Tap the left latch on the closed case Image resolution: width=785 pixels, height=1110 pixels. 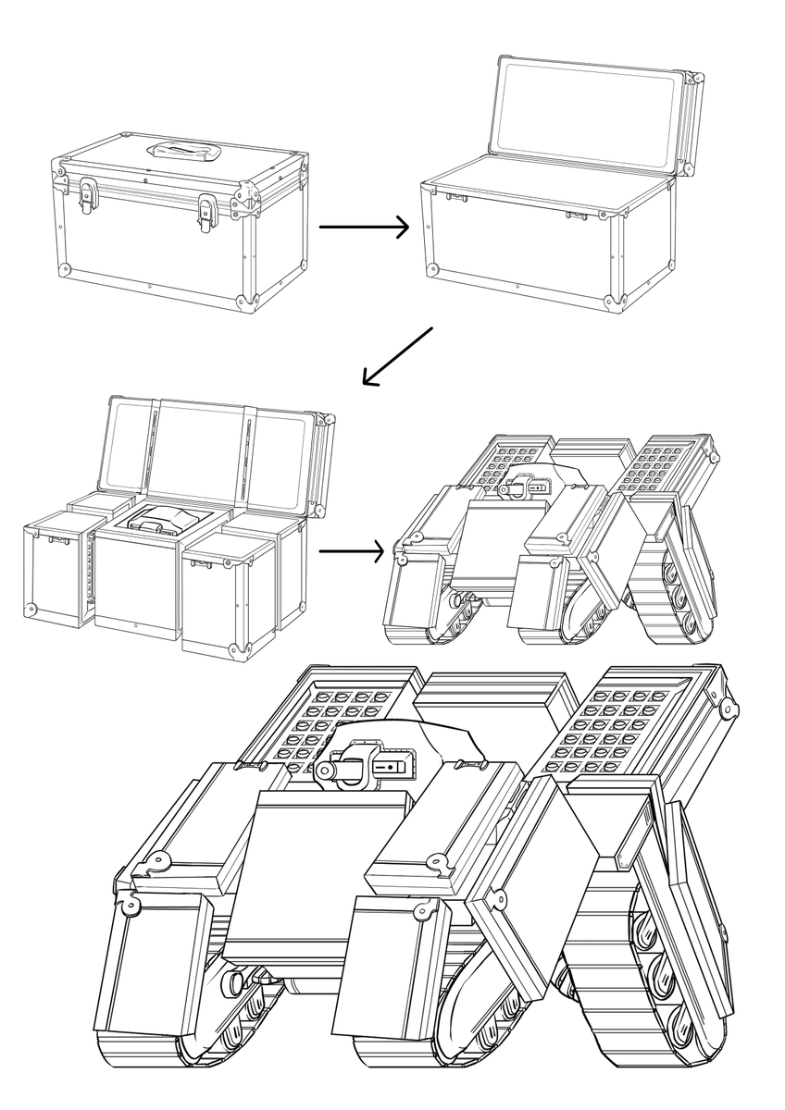coord(89,195)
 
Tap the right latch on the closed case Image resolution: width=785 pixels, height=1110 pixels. coord(207,210)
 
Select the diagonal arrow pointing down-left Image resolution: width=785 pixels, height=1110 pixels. coord(397,355)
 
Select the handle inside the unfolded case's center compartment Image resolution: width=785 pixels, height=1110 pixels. coord(153,524)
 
